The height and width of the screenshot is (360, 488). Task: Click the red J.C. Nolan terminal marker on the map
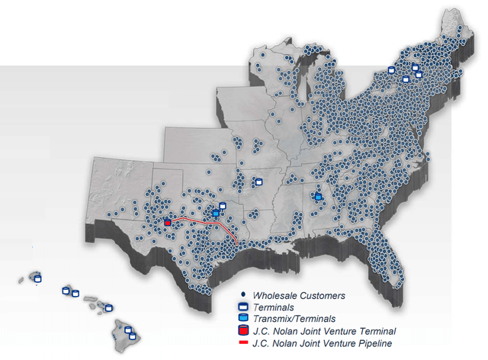coord(168,223)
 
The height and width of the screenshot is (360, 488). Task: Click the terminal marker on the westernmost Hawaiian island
coord(37,279)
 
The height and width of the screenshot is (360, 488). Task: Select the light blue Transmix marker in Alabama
coord(318,197)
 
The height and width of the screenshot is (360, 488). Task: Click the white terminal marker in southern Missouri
coord(258,182)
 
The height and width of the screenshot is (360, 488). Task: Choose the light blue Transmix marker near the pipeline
coord(216,213)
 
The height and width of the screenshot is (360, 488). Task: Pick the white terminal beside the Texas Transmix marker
coord(222,204)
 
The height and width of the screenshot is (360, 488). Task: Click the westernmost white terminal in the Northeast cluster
coord(391,69)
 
